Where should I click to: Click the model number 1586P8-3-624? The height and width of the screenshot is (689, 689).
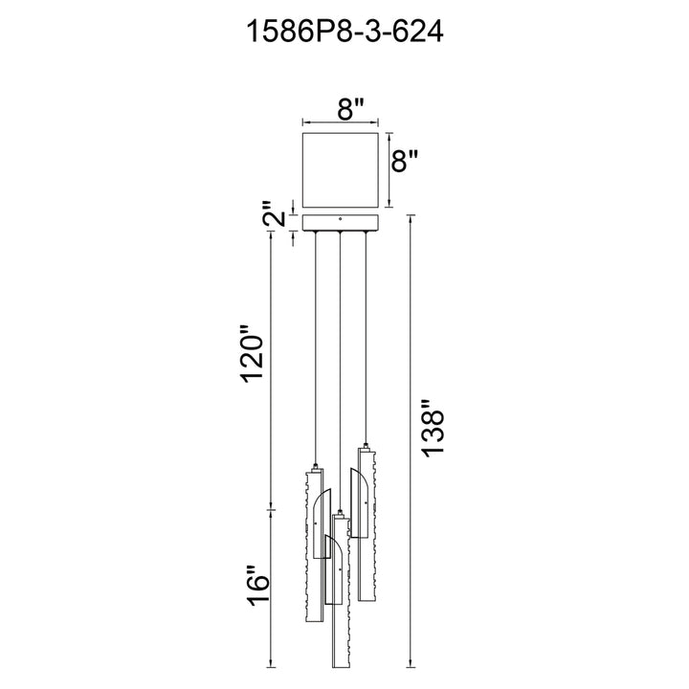[x=344, y=33]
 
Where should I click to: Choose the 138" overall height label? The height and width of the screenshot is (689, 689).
[x=433, y=428]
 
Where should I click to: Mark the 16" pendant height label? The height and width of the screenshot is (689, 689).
[x=258, y=586]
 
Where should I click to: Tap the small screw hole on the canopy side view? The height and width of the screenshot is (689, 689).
[x=340, y=218]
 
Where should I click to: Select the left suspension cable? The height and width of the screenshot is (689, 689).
[x=315, y=348]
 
